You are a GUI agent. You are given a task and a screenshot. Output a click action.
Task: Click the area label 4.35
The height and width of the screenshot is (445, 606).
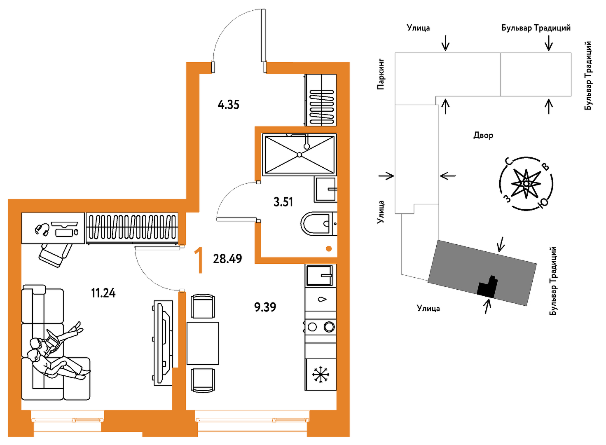(228, 105)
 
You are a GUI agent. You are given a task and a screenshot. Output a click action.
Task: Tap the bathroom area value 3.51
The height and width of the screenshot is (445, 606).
(283, 202)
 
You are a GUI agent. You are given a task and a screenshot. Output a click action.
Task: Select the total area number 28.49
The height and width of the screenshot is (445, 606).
(227, 259)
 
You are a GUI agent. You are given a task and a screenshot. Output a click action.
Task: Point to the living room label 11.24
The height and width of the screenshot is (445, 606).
(103, 293)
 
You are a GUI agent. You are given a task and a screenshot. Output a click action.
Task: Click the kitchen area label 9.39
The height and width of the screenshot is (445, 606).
(265, 307)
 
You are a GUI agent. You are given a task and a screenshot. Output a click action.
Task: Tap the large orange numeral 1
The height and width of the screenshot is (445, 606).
(199, 260)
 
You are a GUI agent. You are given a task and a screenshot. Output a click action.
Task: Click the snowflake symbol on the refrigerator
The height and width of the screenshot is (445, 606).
(321, 375)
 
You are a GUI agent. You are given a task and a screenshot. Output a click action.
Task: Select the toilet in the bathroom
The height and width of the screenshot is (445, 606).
(318, 224)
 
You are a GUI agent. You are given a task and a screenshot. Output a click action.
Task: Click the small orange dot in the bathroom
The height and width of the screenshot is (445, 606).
(329, 248)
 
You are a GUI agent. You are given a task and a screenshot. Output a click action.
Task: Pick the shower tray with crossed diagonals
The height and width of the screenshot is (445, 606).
(299, 155)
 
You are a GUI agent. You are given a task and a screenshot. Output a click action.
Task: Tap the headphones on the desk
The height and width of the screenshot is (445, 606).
(42, 230)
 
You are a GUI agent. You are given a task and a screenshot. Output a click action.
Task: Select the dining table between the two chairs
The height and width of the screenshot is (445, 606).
(203, 343)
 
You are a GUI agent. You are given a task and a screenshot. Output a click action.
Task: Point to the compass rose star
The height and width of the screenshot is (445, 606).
(526, 184)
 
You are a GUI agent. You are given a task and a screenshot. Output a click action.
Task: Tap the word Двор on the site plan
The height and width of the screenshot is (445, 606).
(483, 135)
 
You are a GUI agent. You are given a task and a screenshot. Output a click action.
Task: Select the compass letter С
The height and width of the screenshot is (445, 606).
(509, 162)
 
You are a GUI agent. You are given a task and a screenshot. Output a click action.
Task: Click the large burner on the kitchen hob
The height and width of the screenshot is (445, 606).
(329, 327)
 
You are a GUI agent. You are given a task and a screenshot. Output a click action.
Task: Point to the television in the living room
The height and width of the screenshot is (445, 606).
(163, 343)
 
